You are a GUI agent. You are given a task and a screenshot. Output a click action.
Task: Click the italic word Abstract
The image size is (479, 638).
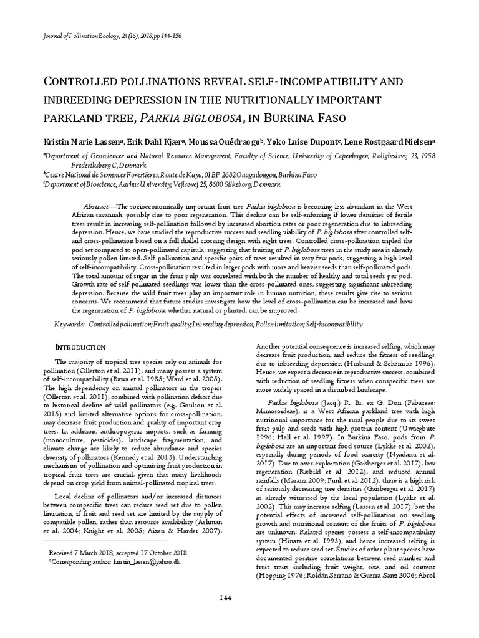pyautogui.click(x=95, y=206)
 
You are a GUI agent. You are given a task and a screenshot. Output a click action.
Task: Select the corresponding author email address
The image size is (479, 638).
pyautogui.click(x=146, y=561)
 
